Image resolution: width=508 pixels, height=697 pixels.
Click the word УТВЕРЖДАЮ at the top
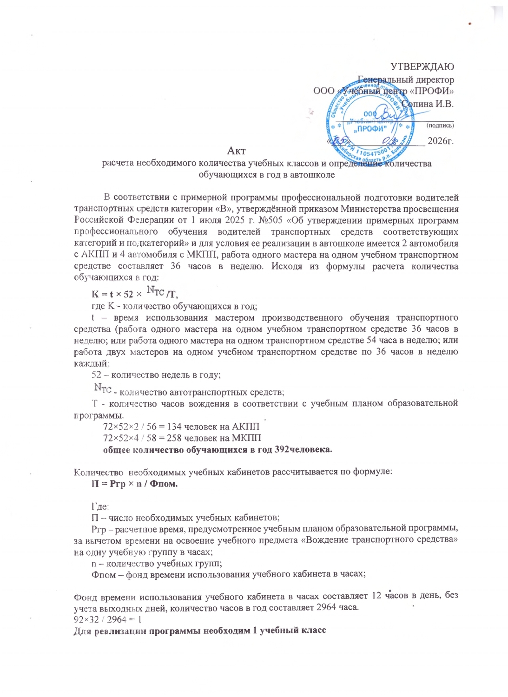422,66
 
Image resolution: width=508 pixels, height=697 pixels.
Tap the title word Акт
236,151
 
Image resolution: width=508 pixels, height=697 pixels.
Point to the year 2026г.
440,141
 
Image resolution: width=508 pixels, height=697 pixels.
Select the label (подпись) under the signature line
440,125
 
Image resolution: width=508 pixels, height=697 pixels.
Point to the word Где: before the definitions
100,506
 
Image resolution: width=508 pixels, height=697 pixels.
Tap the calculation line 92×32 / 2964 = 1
107,619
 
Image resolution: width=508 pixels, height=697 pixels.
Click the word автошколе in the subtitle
313,175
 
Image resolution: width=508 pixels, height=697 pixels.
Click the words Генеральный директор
406,79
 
